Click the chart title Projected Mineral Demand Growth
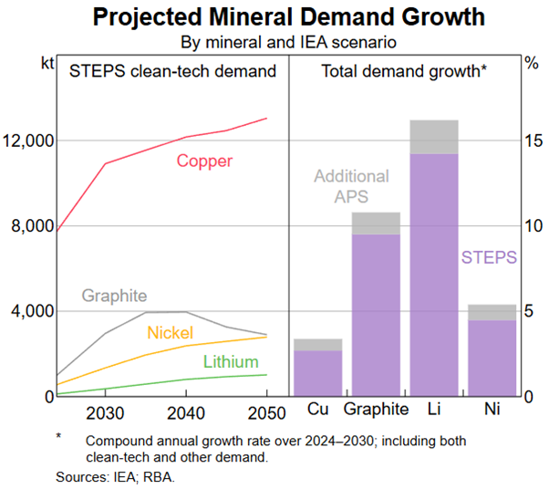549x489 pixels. click(274, 17)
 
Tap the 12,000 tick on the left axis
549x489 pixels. click(29, 140)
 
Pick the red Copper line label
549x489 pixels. click(204, 161)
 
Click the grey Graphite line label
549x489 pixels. click(114, 296)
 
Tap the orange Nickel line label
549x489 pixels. click(170, 332)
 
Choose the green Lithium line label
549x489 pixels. click(231, 362)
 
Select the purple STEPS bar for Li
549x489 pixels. click(434, 274)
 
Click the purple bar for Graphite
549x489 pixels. click(376, 315)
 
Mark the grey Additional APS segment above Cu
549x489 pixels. click(317, 344)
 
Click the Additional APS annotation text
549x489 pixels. click(351, 185)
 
